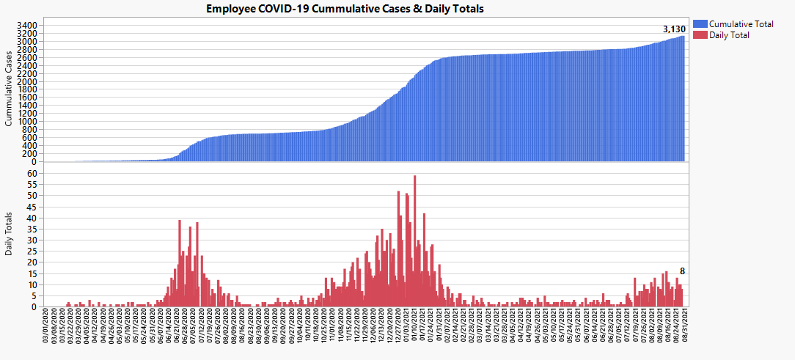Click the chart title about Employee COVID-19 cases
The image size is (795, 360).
click(x=345, y=9)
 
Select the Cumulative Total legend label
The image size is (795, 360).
click(x=741, y=24)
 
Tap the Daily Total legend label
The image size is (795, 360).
click(x=730, y=35)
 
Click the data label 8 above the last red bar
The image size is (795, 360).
click(x=682, y=271)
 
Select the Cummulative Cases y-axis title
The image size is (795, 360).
click(x=10, y=89)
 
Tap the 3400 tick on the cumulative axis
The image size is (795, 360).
click(x=26, y=25)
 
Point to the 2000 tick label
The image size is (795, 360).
click(x=26, y=81)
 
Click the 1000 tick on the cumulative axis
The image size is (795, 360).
click(x=26, y=122)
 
